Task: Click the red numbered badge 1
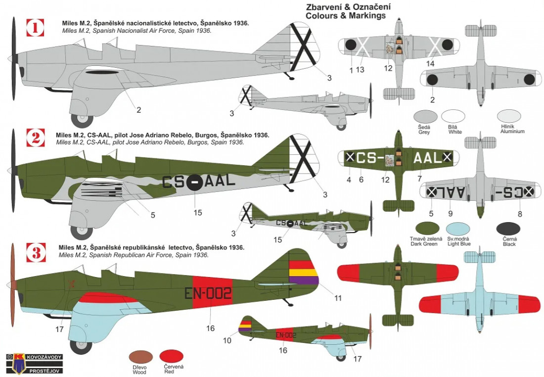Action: (x=35, y=28)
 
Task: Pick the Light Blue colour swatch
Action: (x=458, y=229)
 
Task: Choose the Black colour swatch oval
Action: (x=509, y=229)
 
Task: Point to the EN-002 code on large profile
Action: (x=208, y=293)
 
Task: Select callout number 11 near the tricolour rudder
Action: (x=338, y=298)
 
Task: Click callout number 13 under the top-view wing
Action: (x=360, y=70)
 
